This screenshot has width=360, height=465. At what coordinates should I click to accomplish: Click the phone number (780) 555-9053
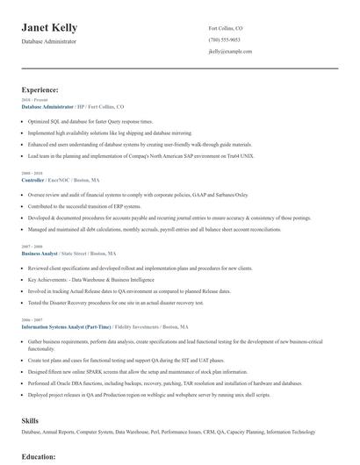point(224,40)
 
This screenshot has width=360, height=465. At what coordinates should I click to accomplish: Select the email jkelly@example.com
point(230,52)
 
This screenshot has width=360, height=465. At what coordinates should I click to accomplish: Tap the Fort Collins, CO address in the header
point(226,28)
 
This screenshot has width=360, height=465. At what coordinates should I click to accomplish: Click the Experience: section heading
point(40,89)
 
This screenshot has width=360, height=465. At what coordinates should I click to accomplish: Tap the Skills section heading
point(30,421)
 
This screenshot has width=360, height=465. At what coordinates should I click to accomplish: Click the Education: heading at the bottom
point(39,457)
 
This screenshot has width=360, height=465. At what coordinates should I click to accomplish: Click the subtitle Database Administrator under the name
point(49,41)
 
